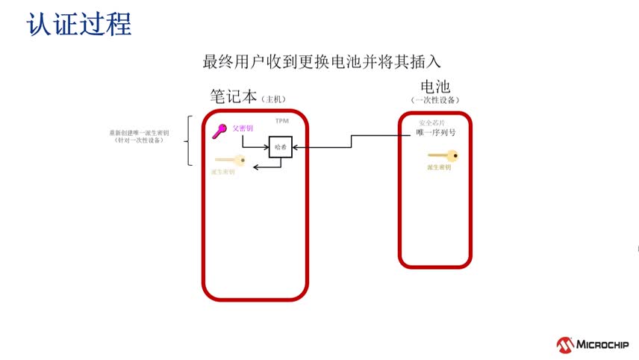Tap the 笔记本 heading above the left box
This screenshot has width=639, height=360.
(x=234, y=97)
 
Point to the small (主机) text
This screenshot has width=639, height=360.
(x=274, y=99)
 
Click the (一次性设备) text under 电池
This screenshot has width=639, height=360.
(x=434, y=100)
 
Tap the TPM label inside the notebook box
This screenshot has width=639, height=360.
(x=282, y=121)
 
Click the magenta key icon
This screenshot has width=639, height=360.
(x=219, y=131)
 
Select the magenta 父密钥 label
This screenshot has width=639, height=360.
(x=243, y=128)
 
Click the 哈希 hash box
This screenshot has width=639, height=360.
(x=281, y=148)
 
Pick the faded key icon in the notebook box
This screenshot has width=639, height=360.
(x=230, y=160)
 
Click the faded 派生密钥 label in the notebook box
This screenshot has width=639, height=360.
(x=222, y=172)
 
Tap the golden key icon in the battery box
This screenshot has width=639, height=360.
(x=442, y=156)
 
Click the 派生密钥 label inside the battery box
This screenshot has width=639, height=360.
(x=439, y=168)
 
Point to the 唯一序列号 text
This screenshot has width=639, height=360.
(x=436, y=133)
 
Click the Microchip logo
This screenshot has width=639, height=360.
(x=592, y=345)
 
